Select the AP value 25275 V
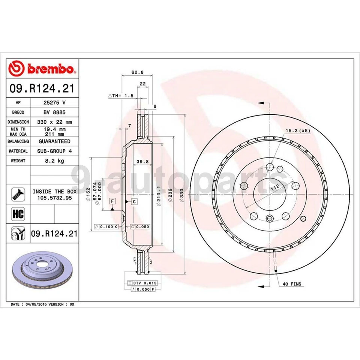point(54,102)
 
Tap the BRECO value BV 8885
point(54,112)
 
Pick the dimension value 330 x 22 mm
point(54,122)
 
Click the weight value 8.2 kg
point(54,160)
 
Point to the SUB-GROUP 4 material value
point(54,151)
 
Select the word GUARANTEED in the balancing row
point(54,141)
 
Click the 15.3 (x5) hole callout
point(298,131)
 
